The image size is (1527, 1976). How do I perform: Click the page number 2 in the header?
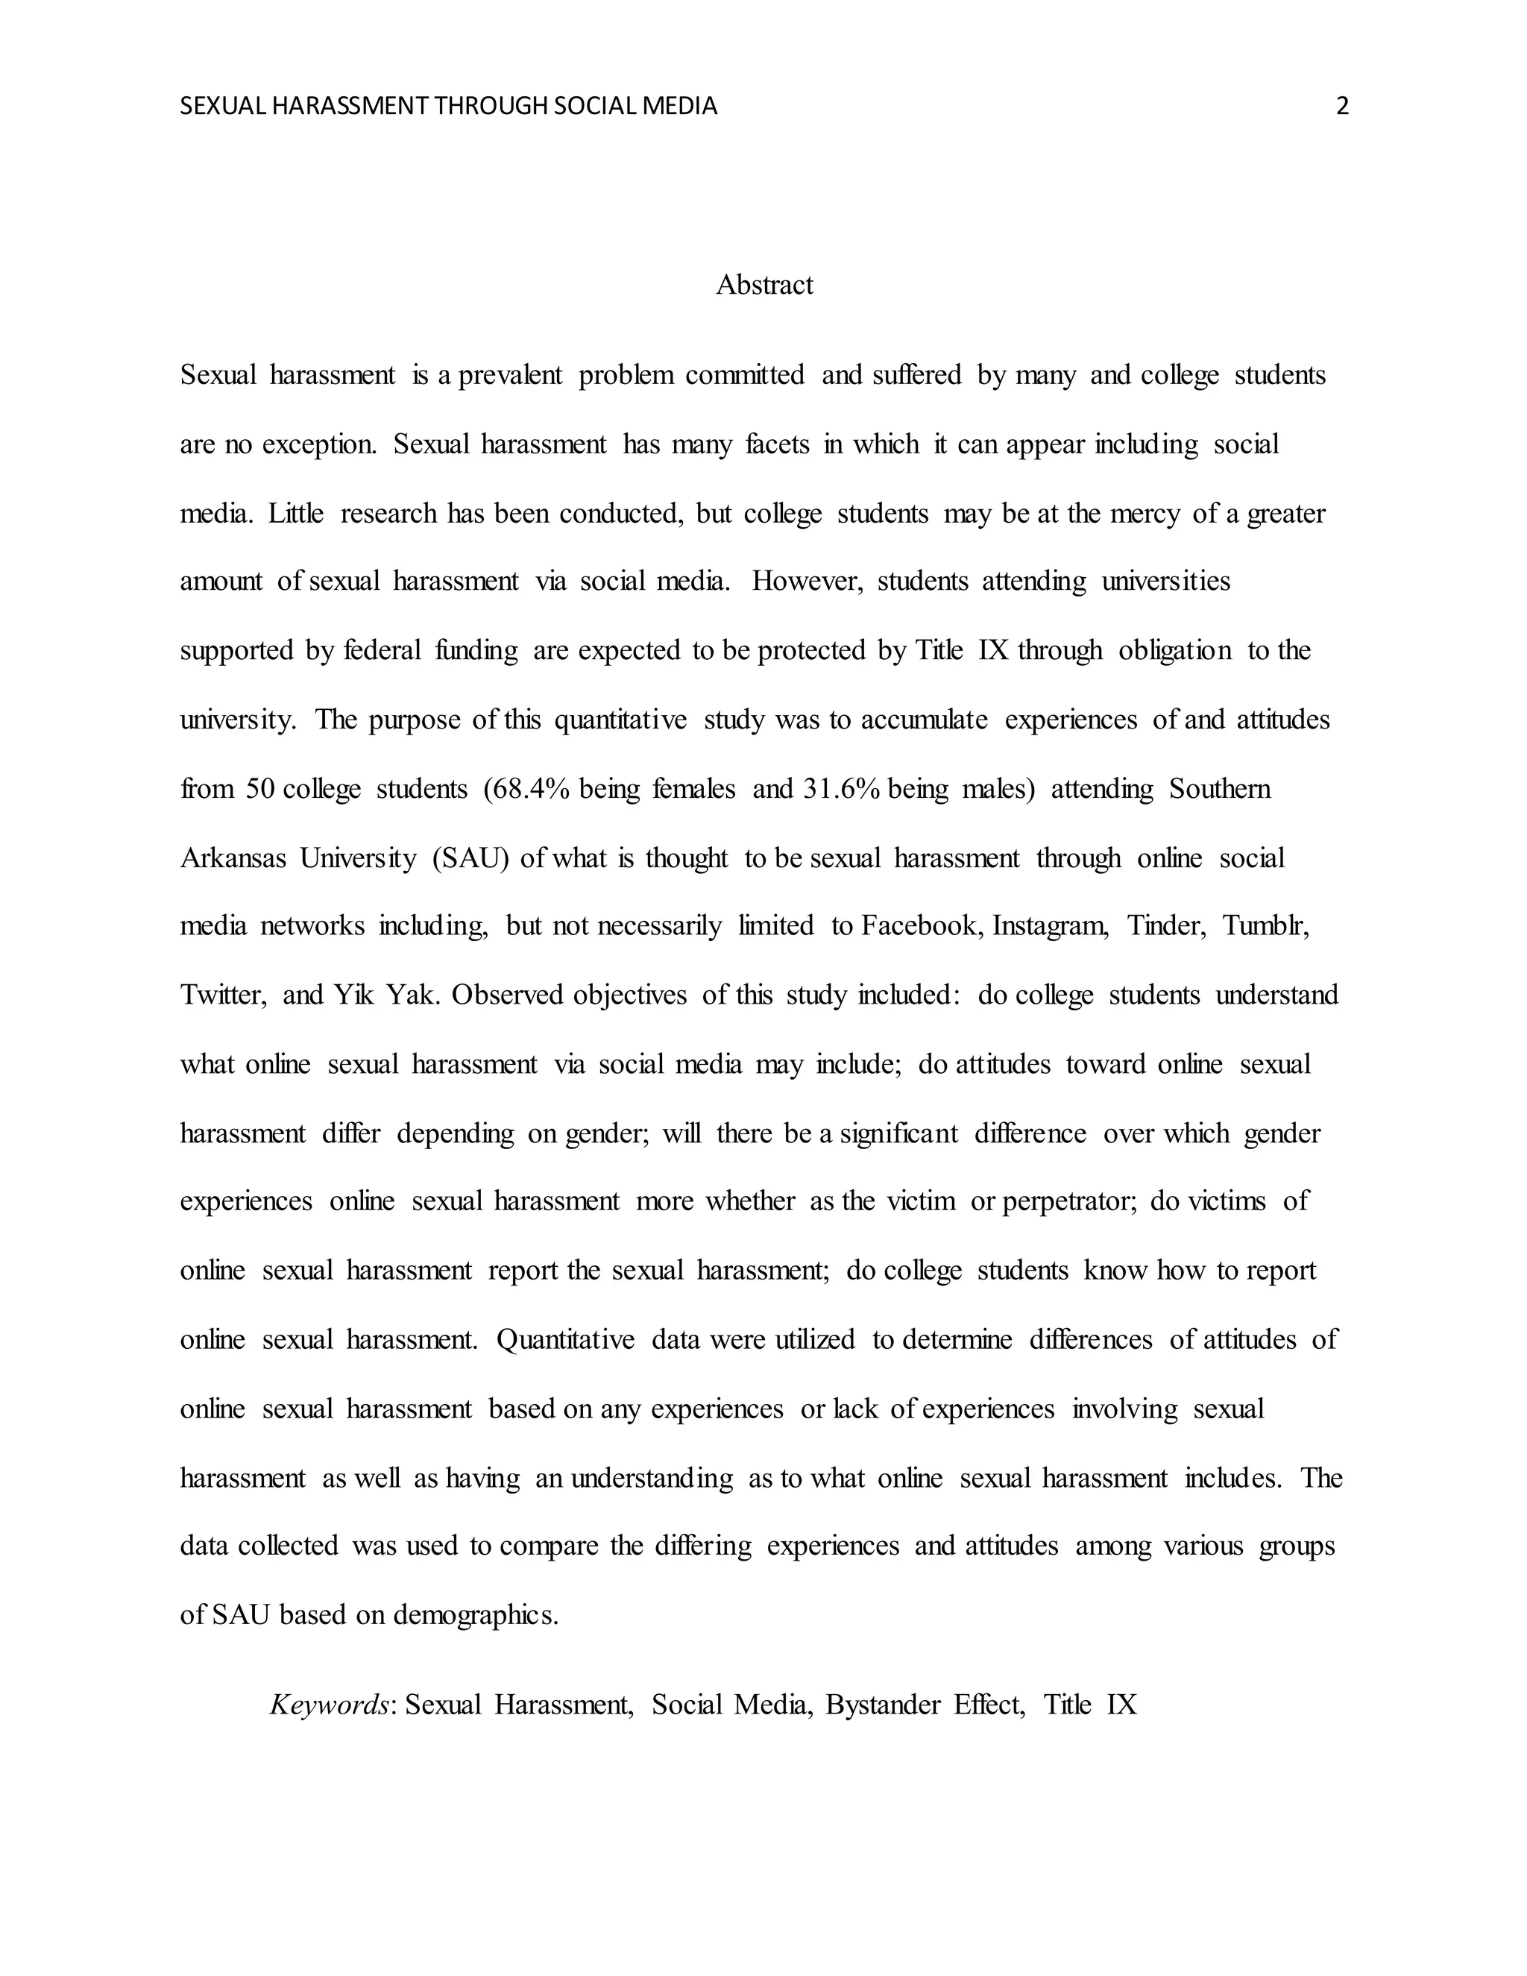click(1342, 107)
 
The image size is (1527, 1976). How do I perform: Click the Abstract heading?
click(764, 285)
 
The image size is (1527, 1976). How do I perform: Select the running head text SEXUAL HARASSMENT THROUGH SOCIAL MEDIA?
click(449, 107)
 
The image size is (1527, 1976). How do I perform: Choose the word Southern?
click(1219, 789)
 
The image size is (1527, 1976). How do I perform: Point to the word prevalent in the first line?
click(511, 376)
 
